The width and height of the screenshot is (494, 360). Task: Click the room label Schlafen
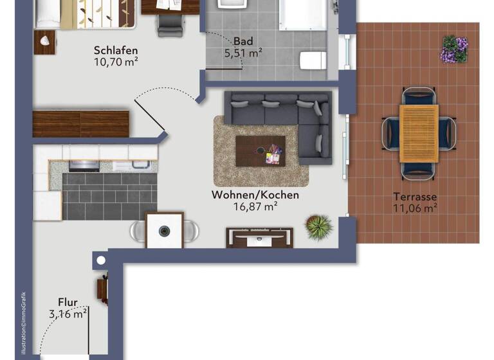(116, 51)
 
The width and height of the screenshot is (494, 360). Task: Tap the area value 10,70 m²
(116, 62)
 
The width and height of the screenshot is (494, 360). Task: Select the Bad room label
(243, 40)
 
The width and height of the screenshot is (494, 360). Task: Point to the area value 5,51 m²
(242, 53)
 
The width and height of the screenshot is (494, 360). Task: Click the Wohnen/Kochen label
(255, 195)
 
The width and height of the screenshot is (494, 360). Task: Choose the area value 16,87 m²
(255, 206)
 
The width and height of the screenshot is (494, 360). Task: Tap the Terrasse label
(415, 197)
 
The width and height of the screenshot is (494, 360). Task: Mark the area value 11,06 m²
(415, 208)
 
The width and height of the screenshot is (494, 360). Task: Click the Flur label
(68, 302)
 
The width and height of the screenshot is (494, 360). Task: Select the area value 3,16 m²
(68, 314)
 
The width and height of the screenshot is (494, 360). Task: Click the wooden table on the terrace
(419, 133)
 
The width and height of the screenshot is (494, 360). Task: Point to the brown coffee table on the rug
(260, 151)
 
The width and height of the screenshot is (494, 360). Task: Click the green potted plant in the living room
(318, 226)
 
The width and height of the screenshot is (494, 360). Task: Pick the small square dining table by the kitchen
(165, 230)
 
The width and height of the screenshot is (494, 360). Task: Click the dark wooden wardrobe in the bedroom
(80, 123)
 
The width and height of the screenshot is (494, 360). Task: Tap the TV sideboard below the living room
(260, 237)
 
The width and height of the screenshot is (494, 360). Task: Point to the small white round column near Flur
(100, 261)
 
